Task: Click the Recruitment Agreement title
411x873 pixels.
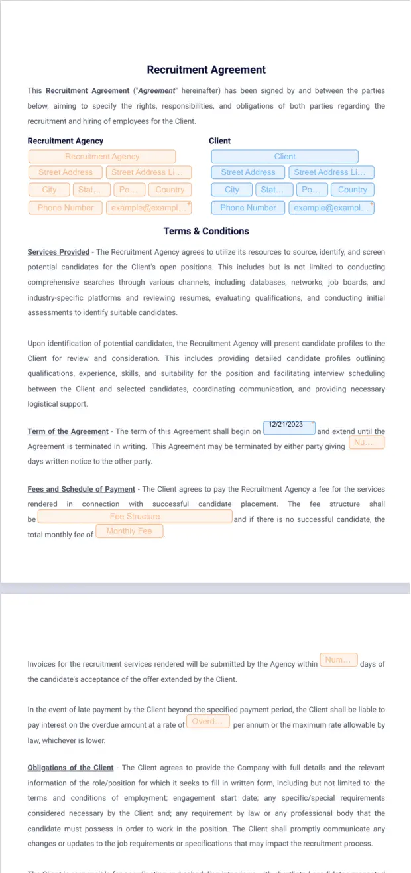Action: tap(206, 70)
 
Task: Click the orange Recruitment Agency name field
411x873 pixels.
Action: tap(102, 157)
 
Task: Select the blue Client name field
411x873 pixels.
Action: tap(284, 157)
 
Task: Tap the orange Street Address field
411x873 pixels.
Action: tap(66, 172)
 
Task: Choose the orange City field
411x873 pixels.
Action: tap(49, 190)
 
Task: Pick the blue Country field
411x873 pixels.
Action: tap(352, 190)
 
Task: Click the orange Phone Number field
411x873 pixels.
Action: tap(66, 208)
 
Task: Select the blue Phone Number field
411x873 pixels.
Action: tap(248, 208)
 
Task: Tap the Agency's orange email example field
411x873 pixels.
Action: tap(148, 208)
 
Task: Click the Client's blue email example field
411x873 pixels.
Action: tap(331, 208)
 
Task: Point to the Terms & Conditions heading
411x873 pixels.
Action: tap(206, 232)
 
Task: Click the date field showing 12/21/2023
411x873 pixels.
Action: tap(289, 428)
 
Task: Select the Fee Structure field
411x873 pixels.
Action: tap(135, 517)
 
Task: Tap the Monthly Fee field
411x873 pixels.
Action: tap(129, 531)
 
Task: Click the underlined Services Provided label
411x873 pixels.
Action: tap(58, 252)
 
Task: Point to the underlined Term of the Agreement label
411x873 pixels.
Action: tap(68, 431)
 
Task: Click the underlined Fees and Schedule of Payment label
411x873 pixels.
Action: tap(81, 490)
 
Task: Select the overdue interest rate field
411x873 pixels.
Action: tap(208, 722)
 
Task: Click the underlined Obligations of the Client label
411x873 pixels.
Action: tap(70, 768)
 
